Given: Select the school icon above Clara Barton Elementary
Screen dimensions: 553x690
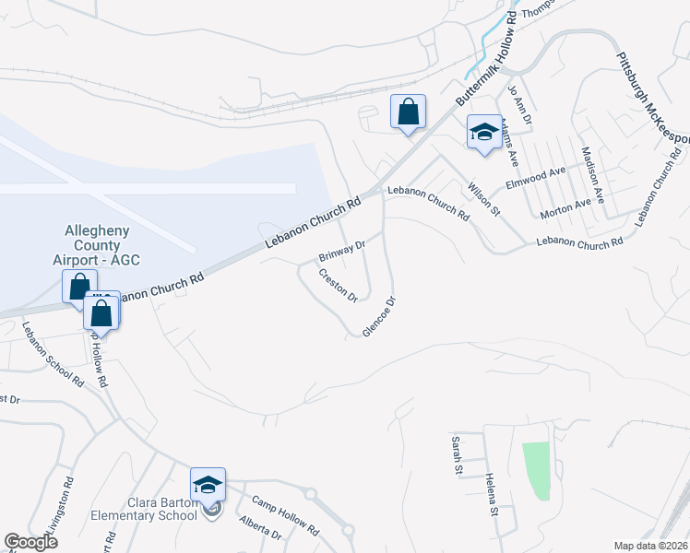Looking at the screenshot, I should pyautogui.click(x=208, y=485).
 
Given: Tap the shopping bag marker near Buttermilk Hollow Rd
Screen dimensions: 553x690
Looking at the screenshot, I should pyautogui.click(x=408, y=112).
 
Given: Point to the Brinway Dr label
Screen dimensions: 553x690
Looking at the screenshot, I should pyautogui.click(x=342, y=250).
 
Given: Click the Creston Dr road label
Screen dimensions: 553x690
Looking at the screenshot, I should pyautogui.click(x=338, y=285).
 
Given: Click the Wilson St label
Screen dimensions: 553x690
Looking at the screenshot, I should pyautogui.click(x=482, y=197).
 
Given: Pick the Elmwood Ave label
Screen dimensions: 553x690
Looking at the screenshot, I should pyautogui.click(x=535, y=178).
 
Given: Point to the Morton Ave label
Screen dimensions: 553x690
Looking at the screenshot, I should pyautogui.click(x=565, y=207).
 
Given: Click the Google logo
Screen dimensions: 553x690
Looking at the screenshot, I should pyautogui.click(x=30, y=542).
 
